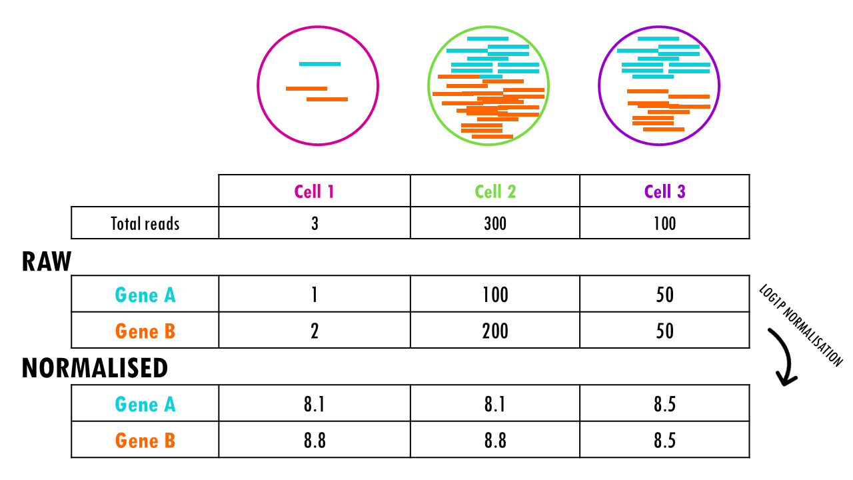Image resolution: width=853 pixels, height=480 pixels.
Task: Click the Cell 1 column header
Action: coord(314,192)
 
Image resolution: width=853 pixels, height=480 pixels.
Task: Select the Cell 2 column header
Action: coord(495,192)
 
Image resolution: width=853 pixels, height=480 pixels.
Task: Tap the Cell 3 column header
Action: coord(664,192)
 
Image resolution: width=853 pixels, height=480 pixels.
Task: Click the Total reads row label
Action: coord(145,223)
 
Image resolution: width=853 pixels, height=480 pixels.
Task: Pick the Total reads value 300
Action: coord(495,223)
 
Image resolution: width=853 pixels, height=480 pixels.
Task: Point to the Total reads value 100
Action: coord(664,223)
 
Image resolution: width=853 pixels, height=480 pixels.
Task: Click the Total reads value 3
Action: coord(315,223)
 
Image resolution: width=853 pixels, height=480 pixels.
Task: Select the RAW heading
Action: coord(47,262)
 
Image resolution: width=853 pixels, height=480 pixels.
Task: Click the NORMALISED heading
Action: coord(95,368)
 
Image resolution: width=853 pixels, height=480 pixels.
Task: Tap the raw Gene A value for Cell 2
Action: coord(495,295)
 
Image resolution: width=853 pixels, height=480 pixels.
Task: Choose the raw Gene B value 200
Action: coord(495,331)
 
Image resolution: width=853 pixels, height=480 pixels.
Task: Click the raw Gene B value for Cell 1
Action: coord(315,331)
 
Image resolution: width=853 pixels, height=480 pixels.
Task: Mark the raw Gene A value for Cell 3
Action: coord(664,295)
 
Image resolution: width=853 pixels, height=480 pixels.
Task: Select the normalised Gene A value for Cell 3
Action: coord(664,404)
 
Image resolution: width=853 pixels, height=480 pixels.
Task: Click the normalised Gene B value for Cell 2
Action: coord(495,441)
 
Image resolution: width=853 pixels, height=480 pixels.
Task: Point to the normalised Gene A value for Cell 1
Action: coord(315,404)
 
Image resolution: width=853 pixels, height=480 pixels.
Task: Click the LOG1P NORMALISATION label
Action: coord(800,326)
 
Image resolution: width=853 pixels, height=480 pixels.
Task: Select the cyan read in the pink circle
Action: coord(320,64)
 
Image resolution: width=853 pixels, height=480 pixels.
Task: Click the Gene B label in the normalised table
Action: coord(145,441)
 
